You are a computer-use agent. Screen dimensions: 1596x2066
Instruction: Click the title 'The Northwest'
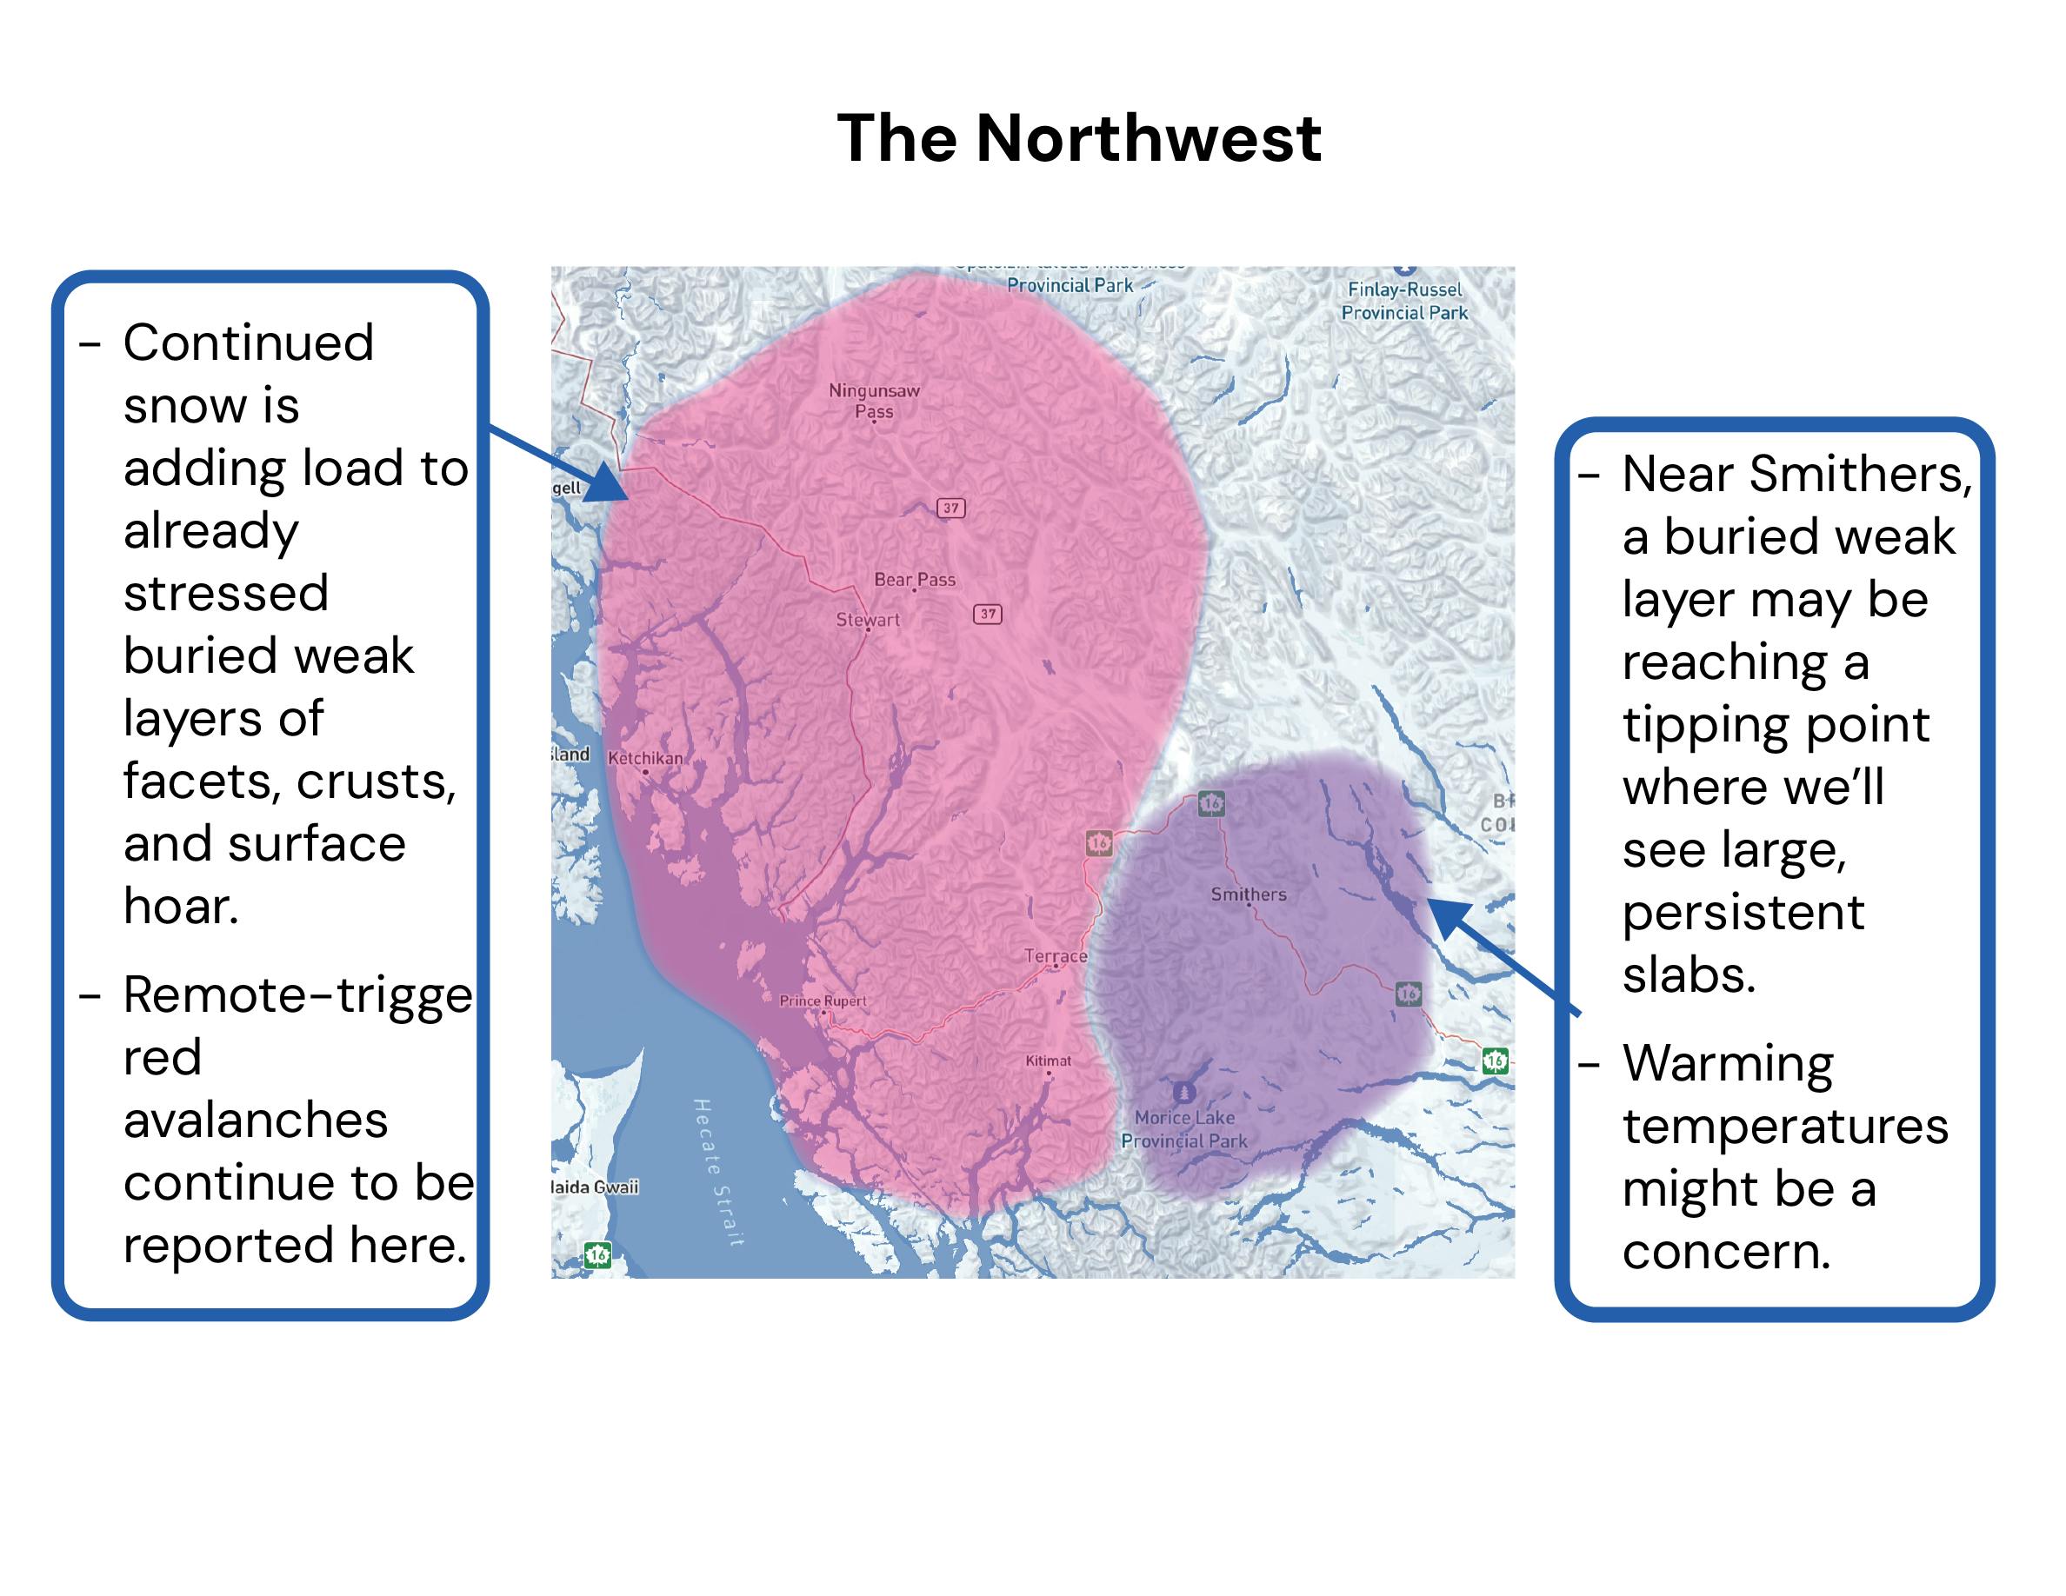click(1078, 138)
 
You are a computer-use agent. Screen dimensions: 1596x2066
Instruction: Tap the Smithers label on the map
click(1248, 894)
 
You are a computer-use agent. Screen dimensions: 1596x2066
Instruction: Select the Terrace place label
click(1055, 956)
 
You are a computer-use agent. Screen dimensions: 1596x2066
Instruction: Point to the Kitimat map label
click(1048, 1061)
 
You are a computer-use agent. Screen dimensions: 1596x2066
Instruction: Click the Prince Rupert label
click(822, 1001)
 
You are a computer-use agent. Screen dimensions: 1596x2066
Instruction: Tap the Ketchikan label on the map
click(645, 758)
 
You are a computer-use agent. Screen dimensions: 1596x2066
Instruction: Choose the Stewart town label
click(868, 619)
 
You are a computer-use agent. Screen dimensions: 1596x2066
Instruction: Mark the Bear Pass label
click(915, 579)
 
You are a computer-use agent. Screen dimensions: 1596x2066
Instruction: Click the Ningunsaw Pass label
click(874, 400)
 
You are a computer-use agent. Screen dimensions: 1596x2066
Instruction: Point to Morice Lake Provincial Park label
click(1184, 1129)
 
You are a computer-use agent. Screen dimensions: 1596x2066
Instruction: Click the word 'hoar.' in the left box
click(181, 906)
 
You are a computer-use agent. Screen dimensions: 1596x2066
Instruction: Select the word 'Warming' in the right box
click(1728, 1063)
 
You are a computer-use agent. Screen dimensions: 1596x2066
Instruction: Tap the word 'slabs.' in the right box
click(1689, 974)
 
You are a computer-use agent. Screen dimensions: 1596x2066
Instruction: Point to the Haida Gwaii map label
click(594, 1187)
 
